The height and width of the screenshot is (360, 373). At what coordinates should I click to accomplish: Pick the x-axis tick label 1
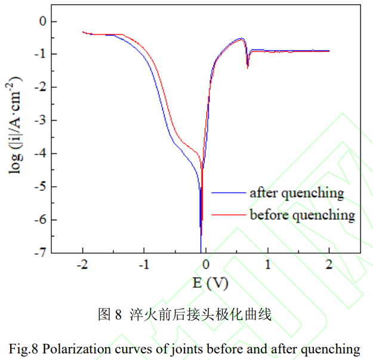[x=267, y=264]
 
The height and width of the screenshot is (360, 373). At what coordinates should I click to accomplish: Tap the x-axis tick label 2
[x=329, y=264]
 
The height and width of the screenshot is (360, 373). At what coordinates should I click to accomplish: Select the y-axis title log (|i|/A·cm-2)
[x=16, y=125]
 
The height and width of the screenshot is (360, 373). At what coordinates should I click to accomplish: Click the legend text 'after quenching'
[x=297, y=193]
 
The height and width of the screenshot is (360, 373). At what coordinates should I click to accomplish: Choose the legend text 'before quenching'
[x=302, y=214]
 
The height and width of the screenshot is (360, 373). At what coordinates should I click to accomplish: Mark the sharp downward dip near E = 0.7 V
[x=248, y=67]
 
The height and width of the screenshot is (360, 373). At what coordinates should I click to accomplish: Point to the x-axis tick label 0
[x=206, y=264]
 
